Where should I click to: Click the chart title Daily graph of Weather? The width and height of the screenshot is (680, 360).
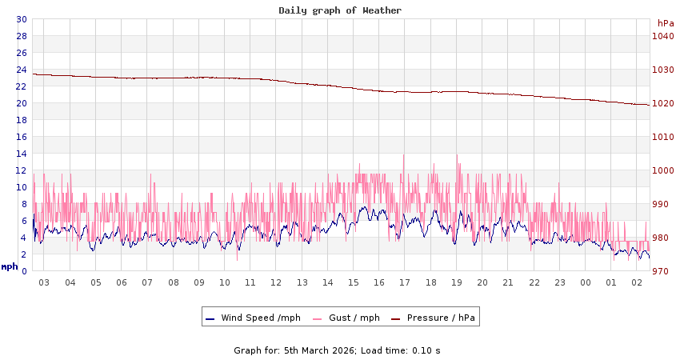click(340, 10)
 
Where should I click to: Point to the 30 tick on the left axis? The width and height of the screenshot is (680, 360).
click(22, 19)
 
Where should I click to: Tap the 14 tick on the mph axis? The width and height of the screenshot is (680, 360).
click(22, 154)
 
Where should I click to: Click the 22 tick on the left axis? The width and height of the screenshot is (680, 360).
click(22, 86)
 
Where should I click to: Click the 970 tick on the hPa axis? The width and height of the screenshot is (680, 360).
click(663, 271)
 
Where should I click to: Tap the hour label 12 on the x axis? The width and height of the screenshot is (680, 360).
click(276, 282)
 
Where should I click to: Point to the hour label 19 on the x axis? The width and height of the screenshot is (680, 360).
click(457, 282)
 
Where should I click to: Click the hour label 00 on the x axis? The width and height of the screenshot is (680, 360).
click(586, 282)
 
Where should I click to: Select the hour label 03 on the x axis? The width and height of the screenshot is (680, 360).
click(44, 282)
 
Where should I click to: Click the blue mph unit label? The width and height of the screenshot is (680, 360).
click(10, 266)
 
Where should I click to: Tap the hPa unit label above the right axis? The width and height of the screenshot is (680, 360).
click(666, 23)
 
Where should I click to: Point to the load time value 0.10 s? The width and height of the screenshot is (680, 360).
click(426, 350)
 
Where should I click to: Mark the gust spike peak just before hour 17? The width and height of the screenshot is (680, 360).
click(404, 155)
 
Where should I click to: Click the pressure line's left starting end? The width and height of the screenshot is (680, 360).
click(34, 74)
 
